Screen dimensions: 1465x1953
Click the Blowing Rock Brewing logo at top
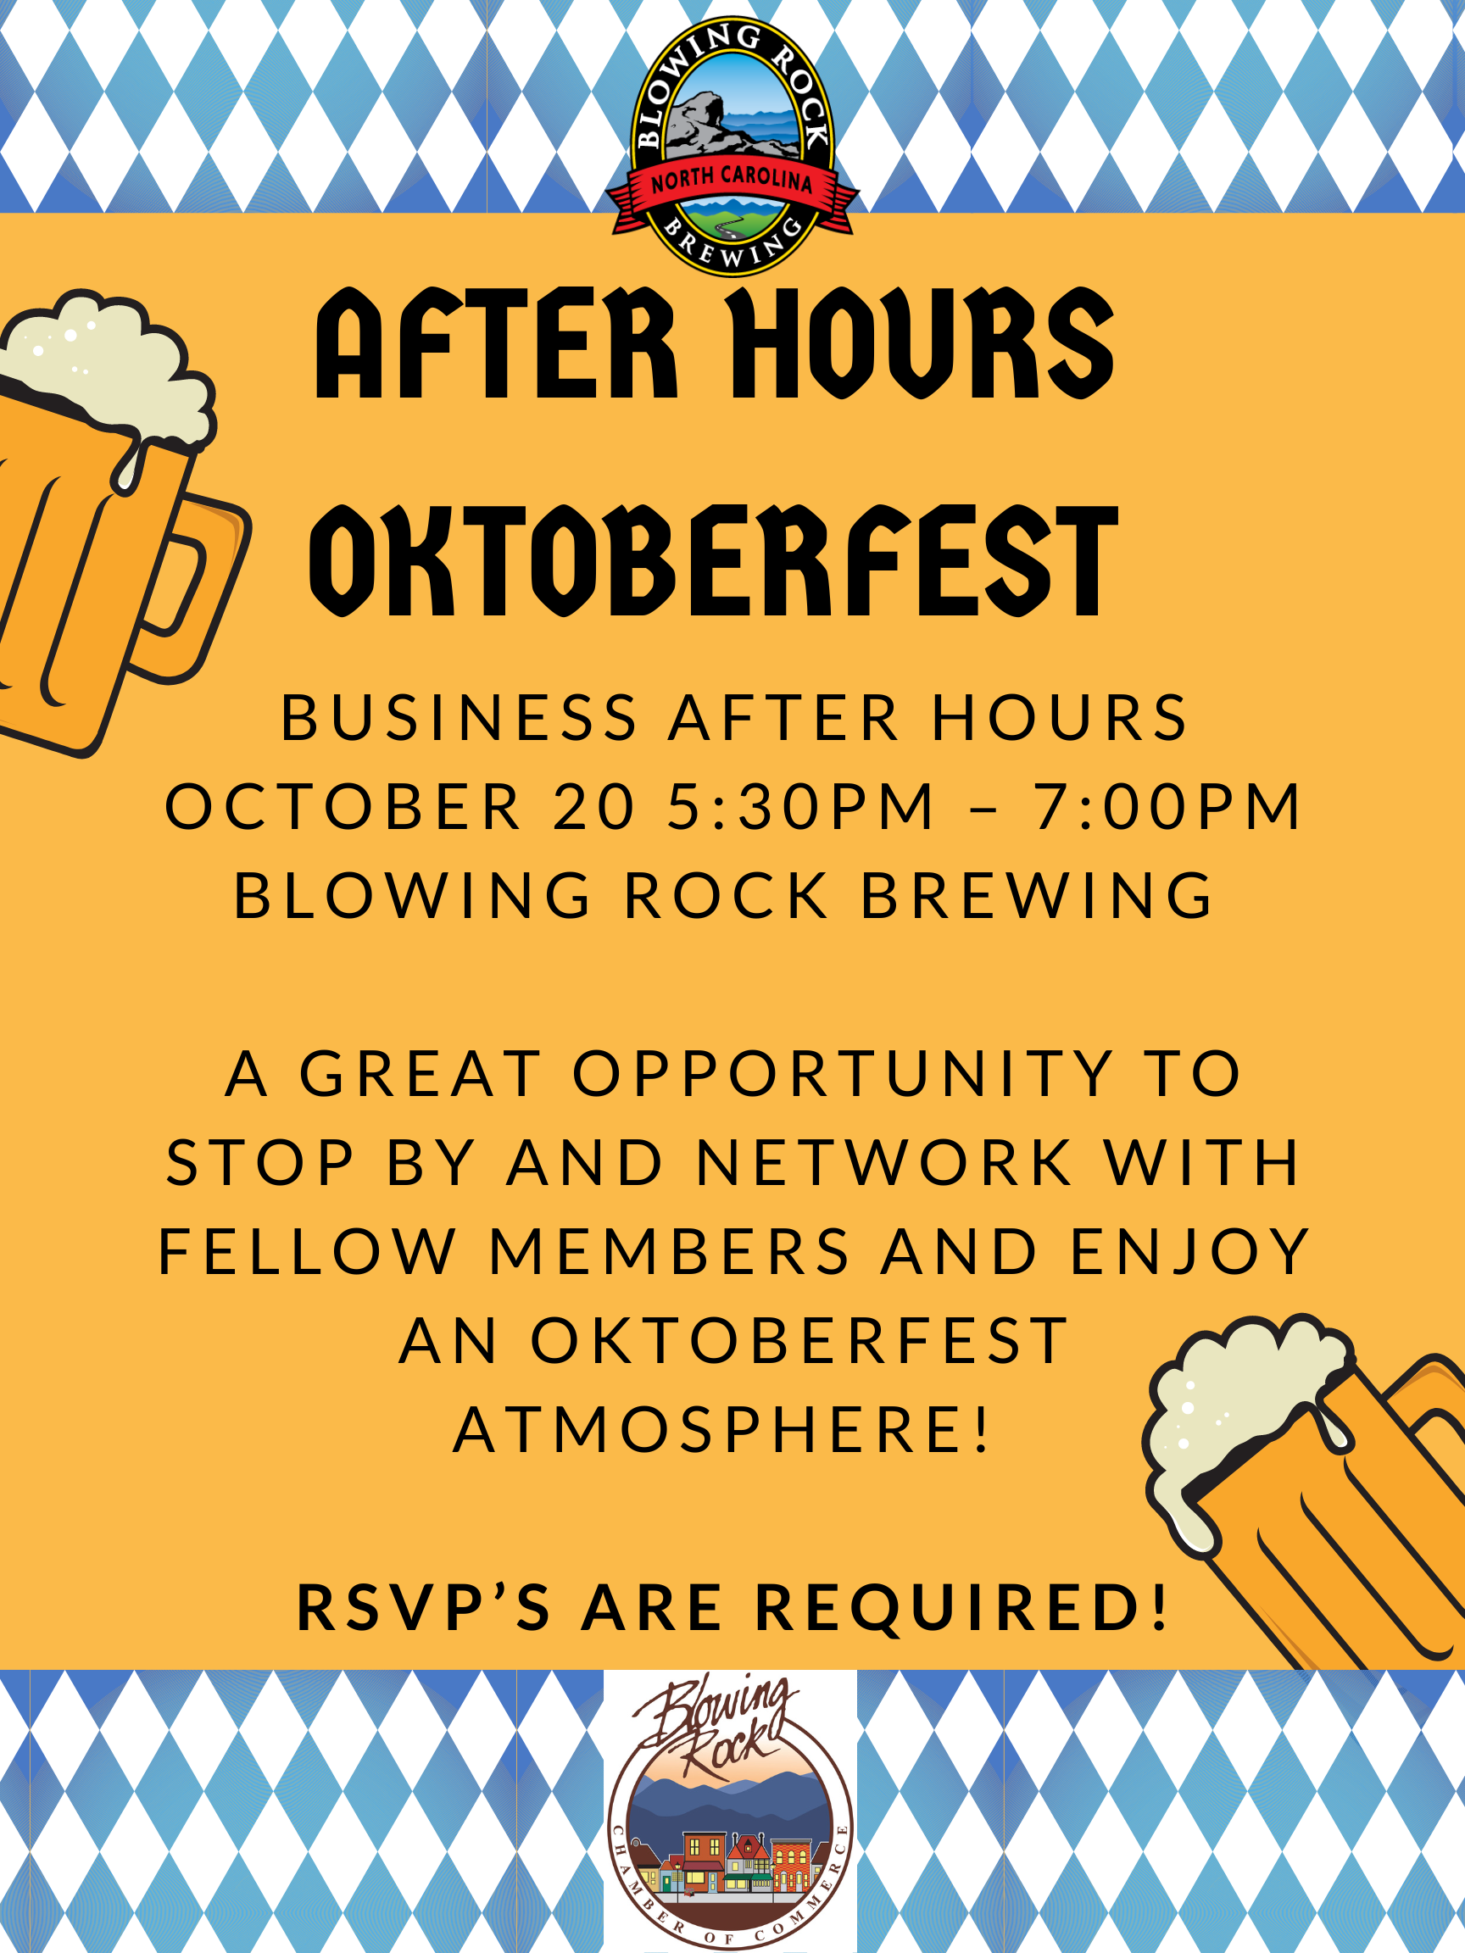[732, 146]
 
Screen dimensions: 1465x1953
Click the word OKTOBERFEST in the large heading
[714, 560]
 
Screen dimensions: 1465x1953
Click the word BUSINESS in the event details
[460, 717]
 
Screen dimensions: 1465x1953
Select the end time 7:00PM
[1167, 806]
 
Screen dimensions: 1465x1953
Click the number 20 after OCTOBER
[594, 806]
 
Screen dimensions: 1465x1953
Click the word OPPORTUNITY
[844, 1074]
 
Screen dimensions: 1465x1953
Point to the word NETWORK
[884, 1163]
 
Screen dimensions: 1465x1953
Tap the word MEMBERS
[670, 1252]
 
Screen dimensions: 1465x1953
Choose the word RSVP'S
[424, 1608]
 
